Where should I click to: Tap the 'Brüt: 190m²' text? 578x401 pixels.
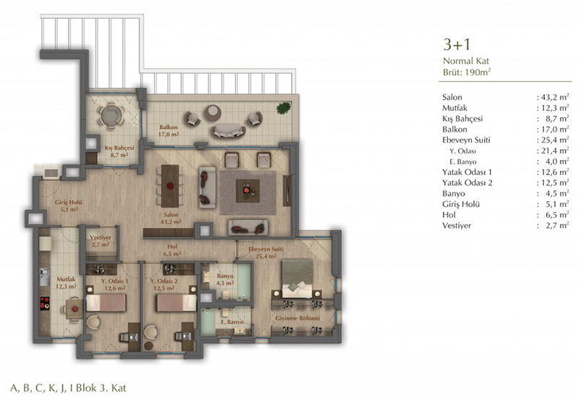(467, 72)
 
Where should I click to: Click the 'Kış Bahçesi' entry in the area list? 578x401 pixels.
(462, 119)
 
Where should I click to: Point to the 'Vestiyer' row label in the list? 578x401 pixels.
(457, 226)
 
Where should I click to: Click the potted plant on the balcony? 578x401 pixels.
(283, 108)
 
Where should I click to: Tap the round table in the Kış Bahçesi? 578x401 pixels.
(111, 116)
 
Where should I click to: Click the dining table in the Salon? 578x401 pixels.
(170, 186)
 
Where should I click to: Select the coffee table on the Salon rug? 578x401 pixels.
(248, 190)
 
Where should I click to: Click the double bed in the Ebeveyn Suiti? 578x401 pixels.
(297, 279)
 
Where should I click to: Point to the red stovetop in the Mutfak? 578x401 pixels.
(45, 303)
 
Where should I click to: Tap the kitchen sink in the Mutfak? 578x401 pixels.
(44, 277)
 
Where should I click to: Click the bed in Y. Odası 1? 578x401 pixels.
(106, 303)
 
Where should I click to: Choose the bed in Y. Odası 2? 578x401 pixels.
(177, 303)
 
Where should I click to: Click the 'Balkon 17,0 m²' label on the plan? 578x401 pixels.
(168, 131)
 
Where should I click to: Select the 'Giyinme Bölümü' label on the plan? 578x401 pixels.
(298, 318)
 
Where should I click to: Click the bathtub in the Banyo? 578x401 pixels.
(244, 282)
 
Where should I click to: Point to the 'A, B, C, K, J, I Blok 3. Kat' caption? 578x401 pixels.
(68, 388)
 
